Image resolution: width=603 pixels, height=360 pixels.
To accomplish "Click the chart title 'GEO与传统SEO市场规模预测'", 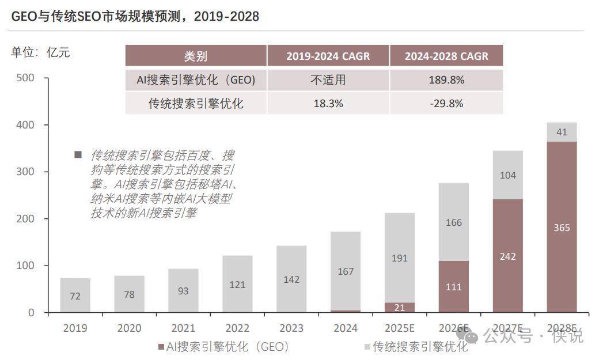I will tap(135, 16).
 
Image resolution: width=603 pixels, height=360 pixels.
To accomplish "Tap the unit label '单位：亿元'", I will tap(40, 52).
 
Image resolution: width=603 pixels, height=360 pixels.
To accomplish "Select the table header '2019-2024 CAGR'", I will tap(328, 56).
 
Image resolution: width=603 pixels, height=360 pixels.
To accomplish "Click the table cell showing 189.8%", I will tap(446, 80).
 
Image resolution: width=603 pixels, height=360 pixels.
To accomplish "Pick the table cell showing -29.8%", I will tap(446, 104).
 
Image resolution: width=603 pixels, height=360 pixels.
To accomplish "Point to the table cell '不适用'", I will tap(328, 80).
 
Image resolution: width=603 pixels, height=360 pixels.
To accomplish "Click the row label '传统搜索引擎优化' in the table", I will tap(196, 104).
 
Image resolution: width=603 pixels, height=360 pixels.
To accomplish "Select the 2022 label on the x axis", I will tap(237, 328).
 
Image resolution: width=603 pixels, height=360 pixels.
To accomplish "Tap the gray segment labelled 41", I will tap(562, 132).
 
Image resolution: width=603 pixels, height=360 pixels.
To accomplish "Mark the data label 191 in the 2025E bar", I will tap(400, 258).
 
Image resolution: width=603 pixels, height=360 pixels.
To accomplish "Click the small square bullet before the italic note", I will tap(78, 155).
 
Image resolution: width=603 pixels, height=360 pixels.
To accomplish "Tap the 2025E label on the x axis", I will tap(400, 328).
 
